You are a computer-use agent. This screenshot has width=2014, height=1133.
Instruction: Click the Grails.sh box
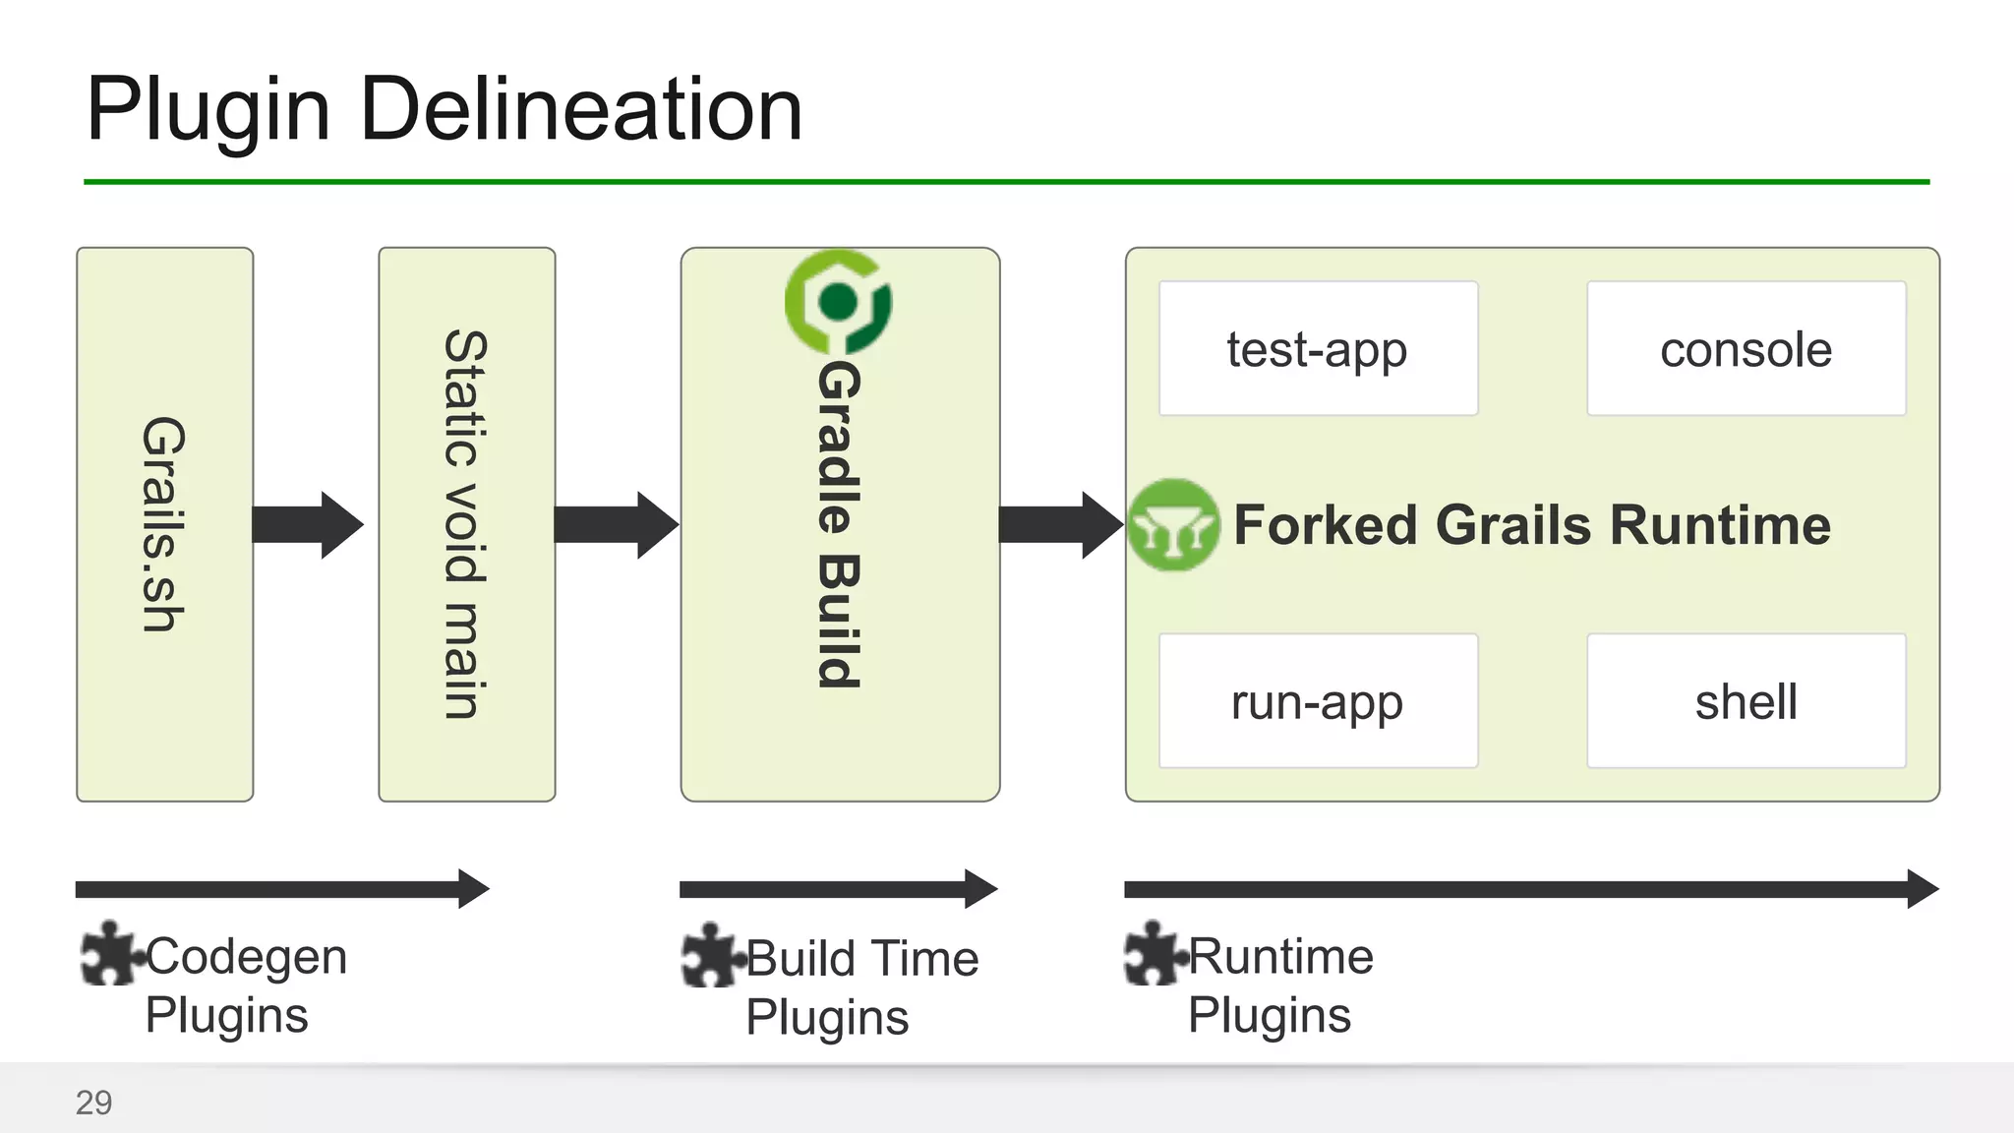coord(164,524)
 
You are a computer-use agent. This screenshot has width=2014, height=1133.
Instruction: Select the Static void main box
coord(466,524)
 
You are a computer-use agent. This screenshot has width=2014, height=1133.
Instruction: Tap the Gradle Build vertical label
coord(840,523)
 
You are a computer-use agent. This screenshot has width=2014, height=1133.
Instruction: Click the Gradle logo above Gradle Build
coord(838,302)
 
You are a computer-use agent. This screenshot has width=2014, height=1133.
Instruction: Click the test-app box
coord(1318,349)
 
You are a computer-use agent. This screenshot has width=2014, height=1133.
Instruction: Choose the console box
coord(1746,349)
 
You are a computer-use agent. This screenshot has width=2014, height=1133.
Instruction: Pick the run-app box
coord(1318,701)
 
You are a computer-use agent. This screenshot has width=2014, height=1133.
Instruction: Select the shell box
coord(1746,701)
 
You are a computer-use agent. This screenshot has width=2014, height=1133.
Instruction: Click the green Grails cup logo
coord(1173,525)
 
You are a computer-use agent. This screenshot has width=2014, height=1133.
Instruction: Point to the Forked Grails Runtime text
coord(1532,524)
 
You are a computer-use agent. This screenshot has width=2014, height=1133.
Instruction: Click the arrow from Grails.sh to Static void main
coord(308,525)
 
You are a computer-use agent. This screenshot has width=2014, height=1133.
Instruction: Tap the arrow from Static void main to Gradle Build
coord(616,525)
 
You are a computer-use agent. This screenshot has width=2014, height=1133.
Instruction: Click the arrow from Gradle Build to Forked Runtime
coord(1060,525)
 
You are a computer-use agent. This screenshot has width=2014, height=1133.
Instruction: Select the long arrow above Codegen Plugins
coord(281,889)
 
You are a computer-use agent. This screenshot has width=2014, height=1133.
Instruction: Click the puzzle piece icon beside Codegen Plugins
coord(110,953)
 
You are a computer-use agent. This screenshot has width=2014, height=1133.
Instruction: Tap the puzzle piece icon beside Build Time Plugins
coord(711,955)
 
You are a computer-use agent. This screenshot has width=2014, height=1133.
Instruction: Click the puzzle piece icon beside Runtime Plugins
coord(1153,953)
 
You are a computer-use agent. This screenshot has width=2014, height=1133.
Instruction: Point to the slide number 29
coord(94,1103)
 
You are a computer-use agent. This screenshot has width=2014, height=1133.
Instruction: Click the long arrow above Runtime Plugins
coord(1530,889)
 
